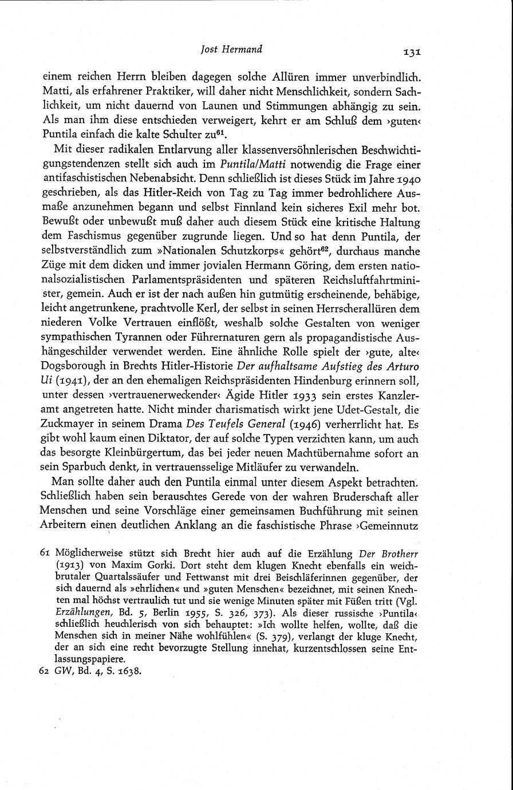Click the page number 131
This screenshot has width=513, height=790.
(x=412, y=52)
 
